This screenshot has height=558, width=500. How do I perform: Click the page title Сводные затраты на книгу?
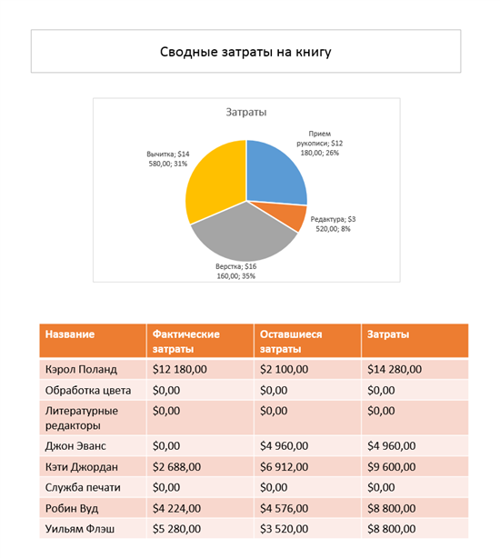pos(245,52)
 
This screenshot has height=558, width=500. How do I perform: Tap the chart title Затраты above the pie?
pos(246,112)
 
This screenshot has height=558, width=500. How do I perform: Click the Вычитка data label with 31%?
pos(168,159)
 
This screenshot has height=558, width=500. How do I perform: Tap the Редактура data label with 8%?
pos(333,224)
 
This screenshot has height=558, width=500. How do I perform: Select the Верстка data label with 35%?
pos(236,271)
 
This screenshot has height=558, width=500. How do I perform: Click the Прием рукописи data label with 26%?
pos(320,143)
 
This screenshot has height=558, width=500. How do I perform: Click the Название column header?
pos(70,334)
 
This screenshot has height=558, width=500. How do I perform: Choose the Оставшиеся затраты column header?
pos(291,342)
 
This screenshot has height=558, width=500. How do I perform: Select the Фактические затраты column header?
pos(186,342)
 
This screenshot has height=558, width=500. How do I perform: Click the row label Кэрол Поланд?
pos(81,369)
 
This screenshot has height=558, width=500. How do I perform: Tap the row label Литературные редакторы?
pos(82,418)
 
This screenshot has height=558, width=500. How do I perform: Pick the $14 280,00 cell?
pos(395,369)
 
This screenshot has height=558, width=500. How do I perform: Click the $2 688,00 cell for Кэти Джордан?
pos(176,467)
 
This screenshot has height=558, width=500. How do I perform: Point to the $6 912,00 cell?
pos(284,467)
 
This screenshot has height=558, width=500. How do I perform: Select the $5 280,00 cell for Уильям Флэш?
pos(176,529)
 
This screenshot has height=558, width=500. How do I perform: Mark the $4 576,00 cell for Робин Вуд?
pos(284,508)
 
